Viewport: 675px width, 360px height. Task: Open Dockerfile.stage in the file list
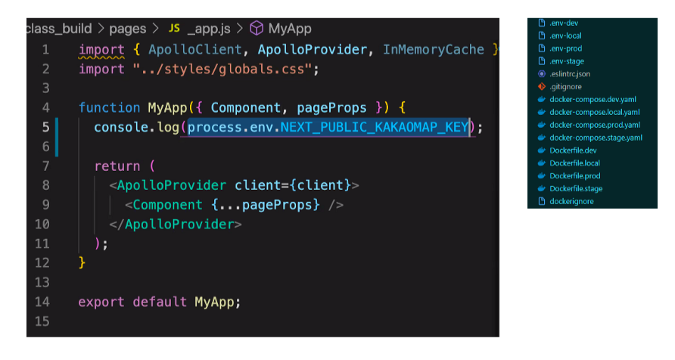pyautogui.click(x=576, y=188)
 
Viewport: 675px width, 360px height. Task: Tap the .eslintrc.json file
pyautogui.click(x=570, y=74)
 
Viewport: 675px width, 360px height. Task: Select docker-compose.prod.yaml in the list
pyautogui.click(x=595, y=125)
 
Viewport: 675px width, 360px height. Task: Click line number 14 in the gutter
pyautogui.click(x=42, y=301)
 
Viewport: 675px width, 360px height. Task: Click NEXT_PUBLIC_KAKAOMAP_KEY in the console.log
pyautogui.click(x=375, y=127)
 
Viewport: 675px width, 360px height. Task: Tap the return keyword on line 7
pyautogui.click(x=117, y=166)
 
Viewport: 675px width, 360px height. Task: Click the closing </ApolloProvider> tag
pyautogui.click(x=176, y=224)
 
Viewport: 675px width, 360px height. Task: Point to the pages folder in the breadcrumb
pyautogui.click(x=127, y=29)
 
